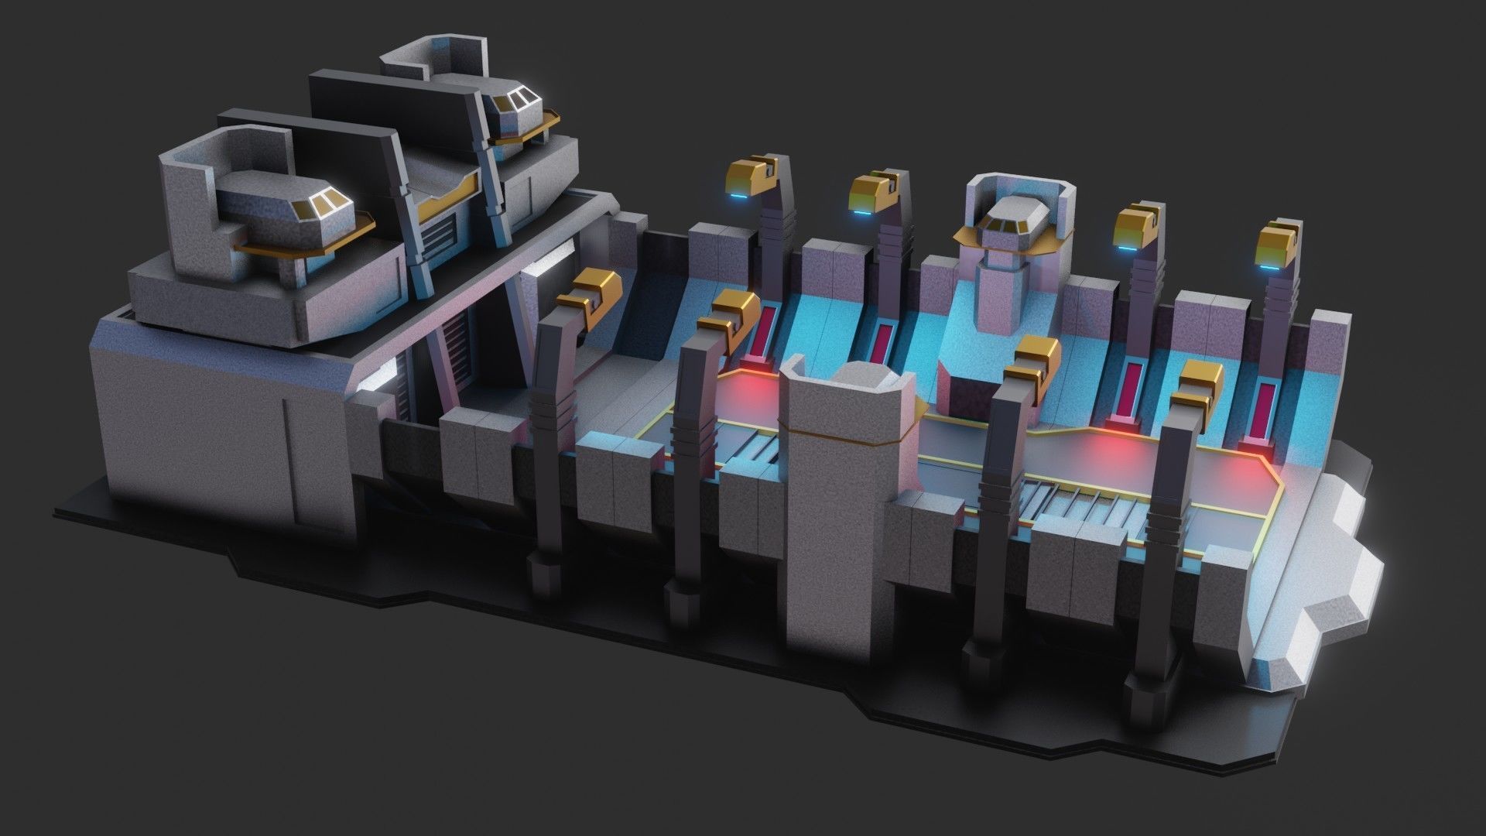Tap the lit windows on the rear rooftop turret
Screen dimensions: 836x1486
516,98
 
